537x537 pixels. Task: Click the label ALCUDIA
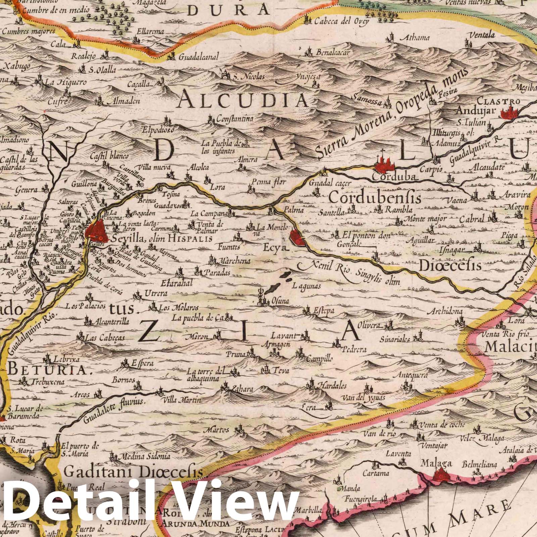point(244,100)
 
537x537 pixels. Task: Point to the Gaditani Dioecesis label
point(133,473)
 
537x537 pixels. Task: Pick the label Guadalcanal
point(198,57)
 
